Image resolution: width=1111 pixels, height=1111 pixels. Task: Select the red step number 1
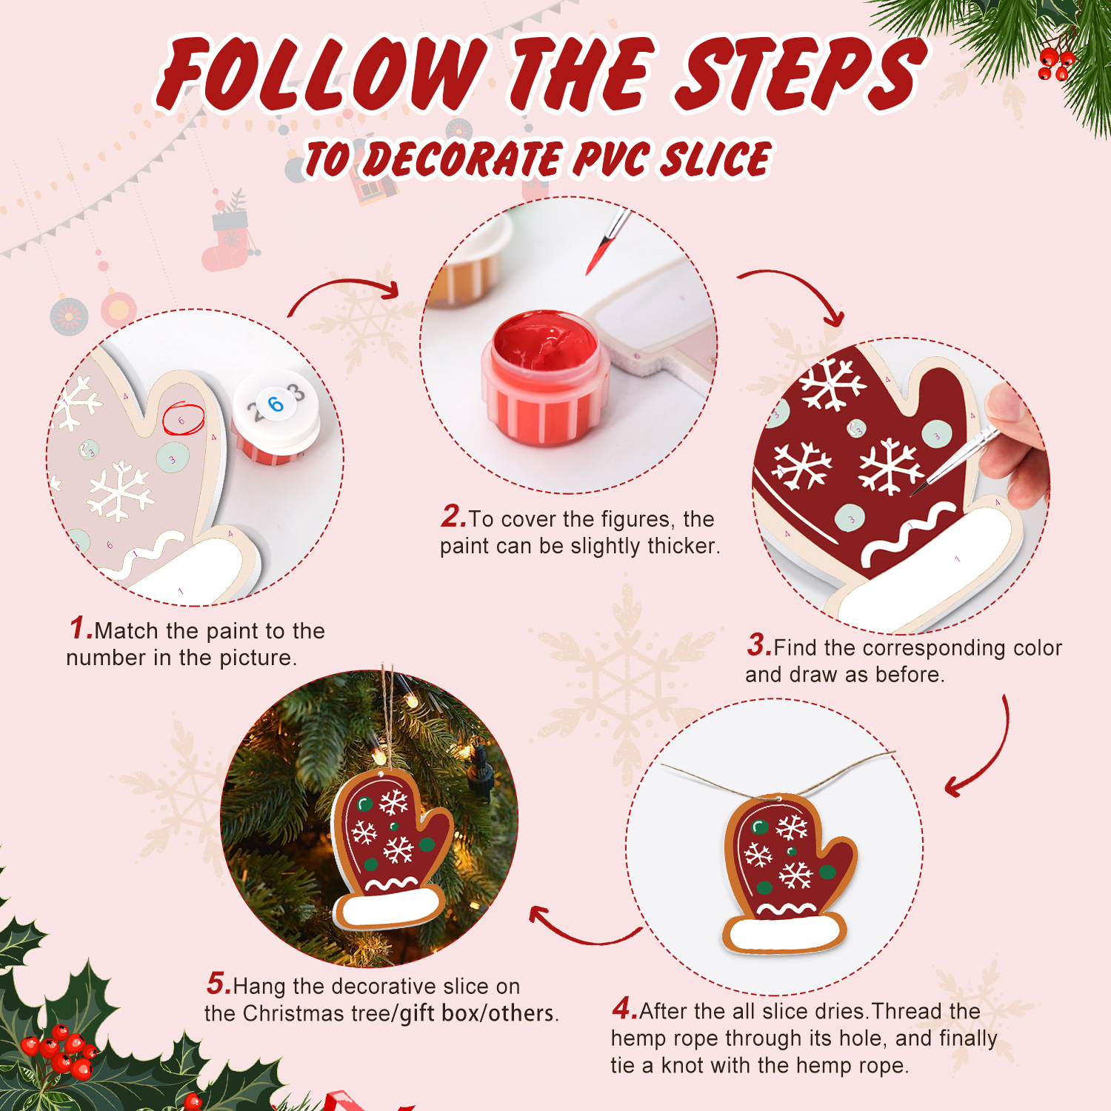pyautogui.click(x=80, y=628)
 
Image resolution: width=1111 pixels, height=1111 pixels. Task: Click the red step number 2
pyautogui.click(x=453, y=516)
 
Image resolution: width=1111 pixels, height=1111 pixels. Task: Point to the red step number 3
pyautogui.click(x=758, y=644)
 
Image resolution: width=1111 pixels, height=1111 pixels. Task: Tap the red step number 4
pyautogui.click(x=624, y=1008)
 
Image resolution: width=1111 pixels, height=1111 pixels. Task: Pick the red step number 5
pyautogui.click(x=218, y=984)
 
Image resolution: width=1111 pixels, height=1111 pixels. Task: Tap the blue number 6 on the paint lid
pyautogui.click(x=276, y=404)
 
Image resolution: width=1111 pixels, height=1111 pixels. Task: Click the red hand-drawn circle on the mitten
pyautogui.click(x=183, y=419)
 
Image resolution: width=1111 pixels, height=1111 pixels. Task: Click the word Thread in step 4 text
pyautogui.click(x=906, y=1011)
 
